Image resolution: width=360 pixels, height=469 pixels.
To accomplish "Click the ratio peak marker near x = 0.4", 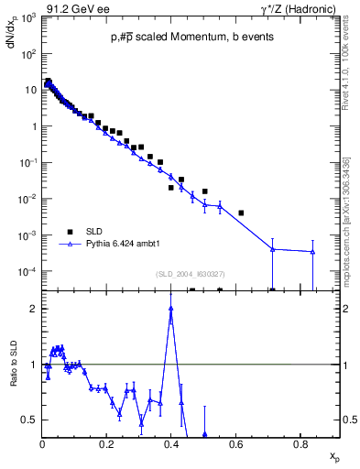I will click(x=171, y=309).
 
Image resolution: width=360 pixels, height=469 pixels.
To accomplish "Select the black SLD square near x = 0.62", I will click(x=241, y=213).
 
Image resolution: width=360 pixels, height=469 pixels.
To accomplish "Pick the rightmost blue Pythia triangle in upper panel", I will click(x=313, y=252).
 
